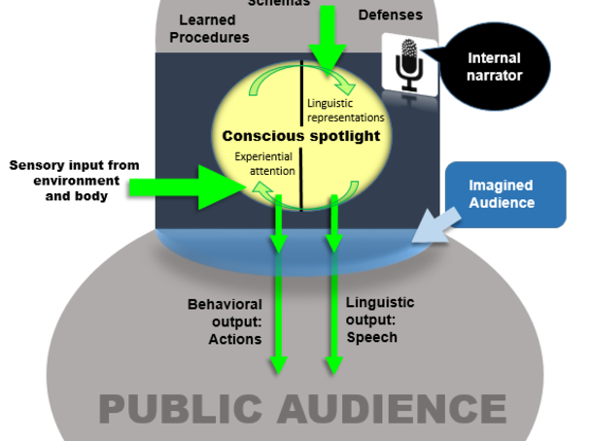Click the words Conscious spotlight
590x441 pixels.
(301, 136)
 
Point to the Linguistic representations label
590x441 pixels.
(345, 110)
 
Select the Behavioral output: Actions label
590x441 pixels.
(225, 322)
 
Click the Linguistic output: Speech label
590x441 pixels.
(380, 320)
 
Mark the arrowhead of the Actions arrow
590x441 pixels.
(278, 364)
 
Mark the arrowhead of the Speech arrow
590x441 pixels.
(334, 364)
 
